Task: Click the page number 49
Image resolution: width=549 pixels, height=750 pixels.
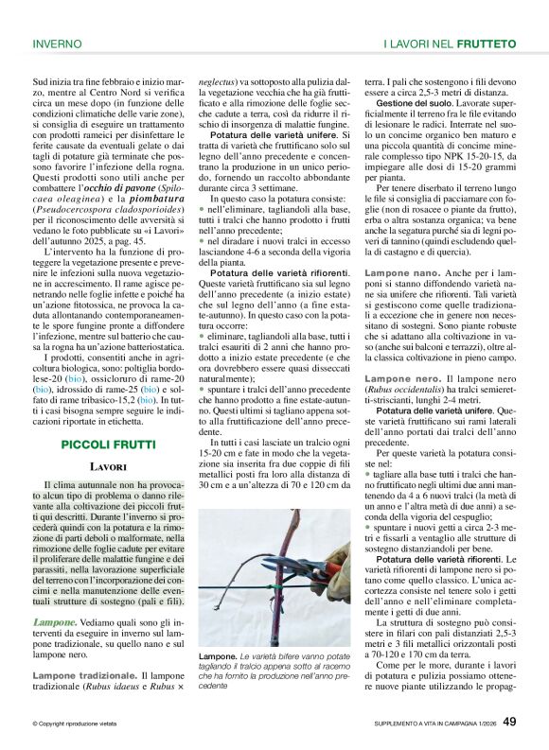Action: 508,722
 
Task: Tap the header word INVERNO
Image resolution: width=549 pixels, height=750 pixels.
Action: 59,44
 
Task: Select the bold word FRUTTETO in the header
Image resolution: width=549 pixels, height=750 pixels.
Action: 486,44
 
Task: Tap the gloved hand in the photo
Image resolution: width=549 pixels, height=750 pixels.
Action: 332,567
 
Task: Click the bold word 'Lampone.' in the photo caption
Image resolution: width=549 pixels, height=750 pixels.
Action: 217,630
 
